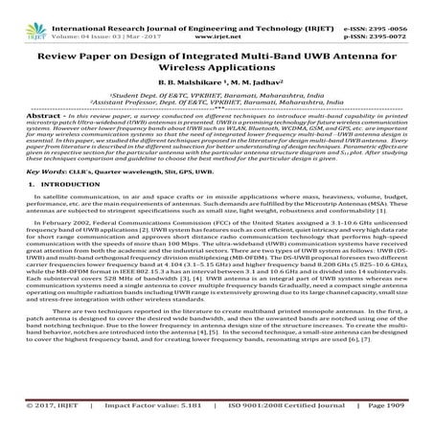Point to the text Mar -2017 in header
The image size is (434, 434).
tap(152, 16)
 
